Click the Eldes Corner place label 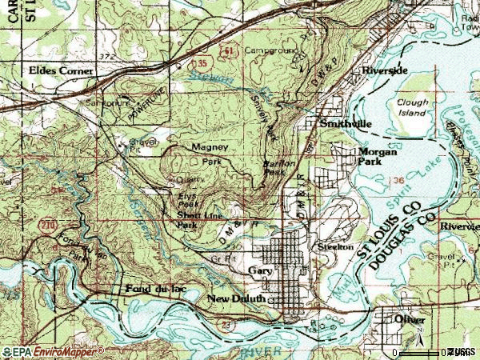coord(60,70)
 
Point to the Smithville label coord(346,125)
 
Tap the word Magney coord(210,148)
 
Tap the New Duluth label coord(235,299)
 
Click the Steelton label coord(336,247)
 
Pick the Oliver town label coord(410,318)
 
